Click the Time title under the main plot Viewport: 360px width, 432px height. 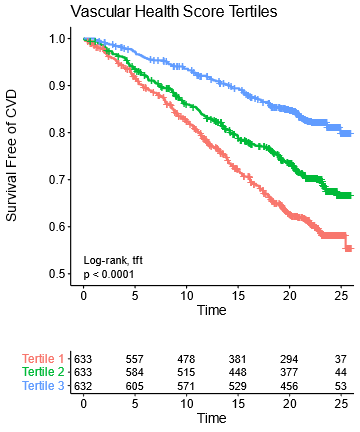click(212, 311)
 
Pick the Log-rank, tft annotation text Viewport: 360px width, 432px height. click(113, 260)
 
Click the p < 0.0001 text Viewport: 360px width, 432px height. click(107, 273)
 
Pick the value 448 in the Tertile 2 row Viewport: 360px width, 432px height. click(238, 372)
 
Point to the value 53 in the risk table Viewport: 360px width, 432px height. click(341, 385)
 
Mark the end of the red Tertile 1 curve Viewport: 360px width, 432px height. click(349, 247)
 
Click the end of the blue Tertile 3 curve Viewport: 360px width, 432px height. click(349, 133)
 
